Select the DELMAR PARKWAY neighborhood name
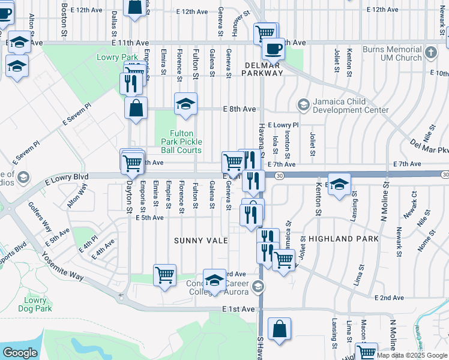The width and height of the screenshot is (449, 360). click(x=262, y=68)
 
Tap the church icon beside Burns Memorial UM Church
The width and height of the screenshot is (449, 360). click(x=430, y=53)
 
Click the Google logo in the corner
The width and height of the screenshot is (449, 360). click(x=20, y=353)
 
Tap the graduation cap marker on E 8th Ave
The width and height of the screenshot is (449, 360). click(x=185, y=104)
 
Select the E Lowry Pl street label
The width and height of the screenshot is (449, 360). click(x=283, y=124)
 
